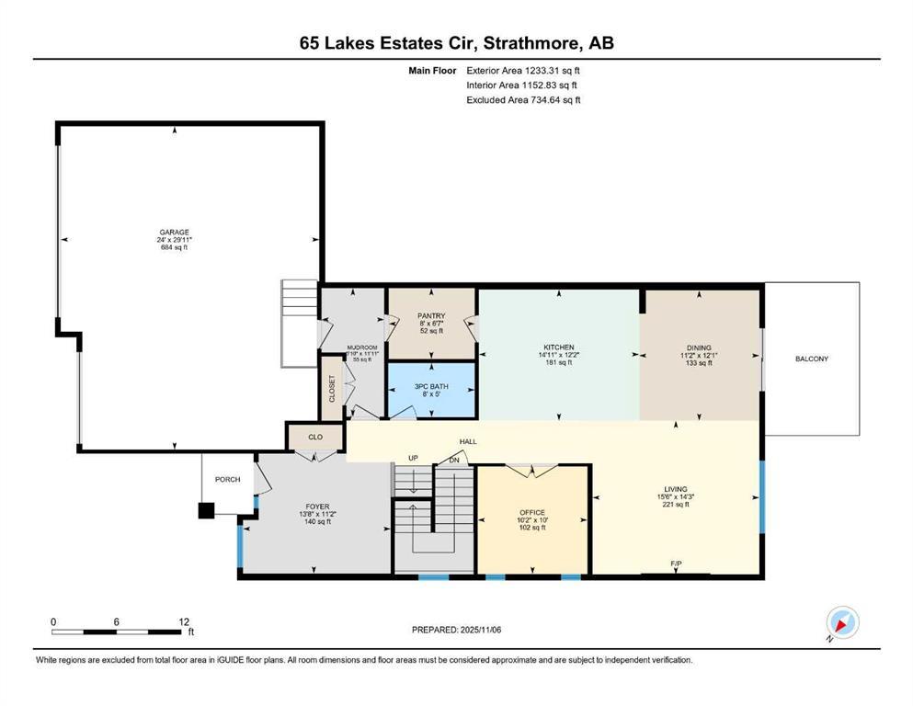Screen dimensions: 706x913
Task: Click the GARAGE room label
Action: [173, 232]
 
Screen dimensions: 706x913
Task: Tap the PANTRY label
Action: [431, 315]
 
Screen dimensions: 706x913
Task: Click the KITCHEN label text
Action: [558, 347]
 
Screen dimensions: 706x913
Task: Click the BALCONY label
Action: [812, 359]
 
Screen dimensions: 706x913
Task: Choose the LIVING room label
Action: [676, 489]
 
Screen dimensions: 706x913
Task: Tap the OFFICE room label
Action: [532, 512]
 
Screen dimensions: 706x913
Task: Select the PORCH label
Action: [227, 478]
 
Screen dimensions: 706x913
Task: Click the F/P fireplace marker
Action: [676, 563]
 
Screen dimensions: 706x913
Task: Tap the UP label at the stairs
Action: [413, 458]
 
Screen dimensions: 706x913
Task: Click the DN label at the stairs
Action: [453, 460]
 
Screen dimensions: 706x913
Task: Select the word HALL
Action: [468, 442]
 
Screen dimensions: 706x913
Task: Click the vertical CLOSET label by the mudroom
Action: [332, 389]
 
